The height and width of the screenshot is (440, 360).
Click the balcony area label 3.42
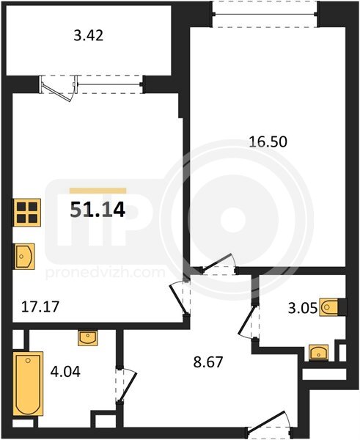click(89, 36)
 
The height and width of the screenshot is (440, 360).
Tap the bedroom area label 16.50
click(268, 142)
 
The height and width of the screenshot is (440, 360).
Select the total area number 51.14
click(98, 210)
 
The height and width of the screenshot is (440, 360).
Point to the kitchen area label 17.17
click(40, 307)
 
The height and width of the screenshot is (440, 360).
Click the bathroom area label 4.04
click(65, 372)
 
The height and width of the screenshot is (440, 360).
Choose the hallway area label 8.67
click(208, 362)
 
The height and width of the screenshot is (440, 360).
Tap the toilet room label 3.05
click(303, 308)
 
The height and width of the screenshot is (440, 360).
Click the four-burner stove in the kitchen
click(26, 213)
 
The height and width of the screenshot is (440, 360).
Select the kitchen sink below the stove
click(23, 257)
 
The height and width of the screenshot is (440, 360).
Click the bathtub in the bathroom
click(28, 384)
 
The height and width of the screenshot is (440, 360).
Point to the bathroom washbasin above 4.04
click(88, 338)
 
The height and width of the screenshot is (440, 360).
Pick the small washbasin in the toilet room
click(318, 353)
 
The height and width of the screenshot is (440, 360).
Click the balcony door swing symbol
click(57, 89)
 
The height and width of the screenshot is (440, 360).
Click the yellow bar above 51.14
click(98, 191)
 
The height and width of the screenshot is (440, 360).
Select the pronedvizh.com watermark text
click(105, 273)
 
